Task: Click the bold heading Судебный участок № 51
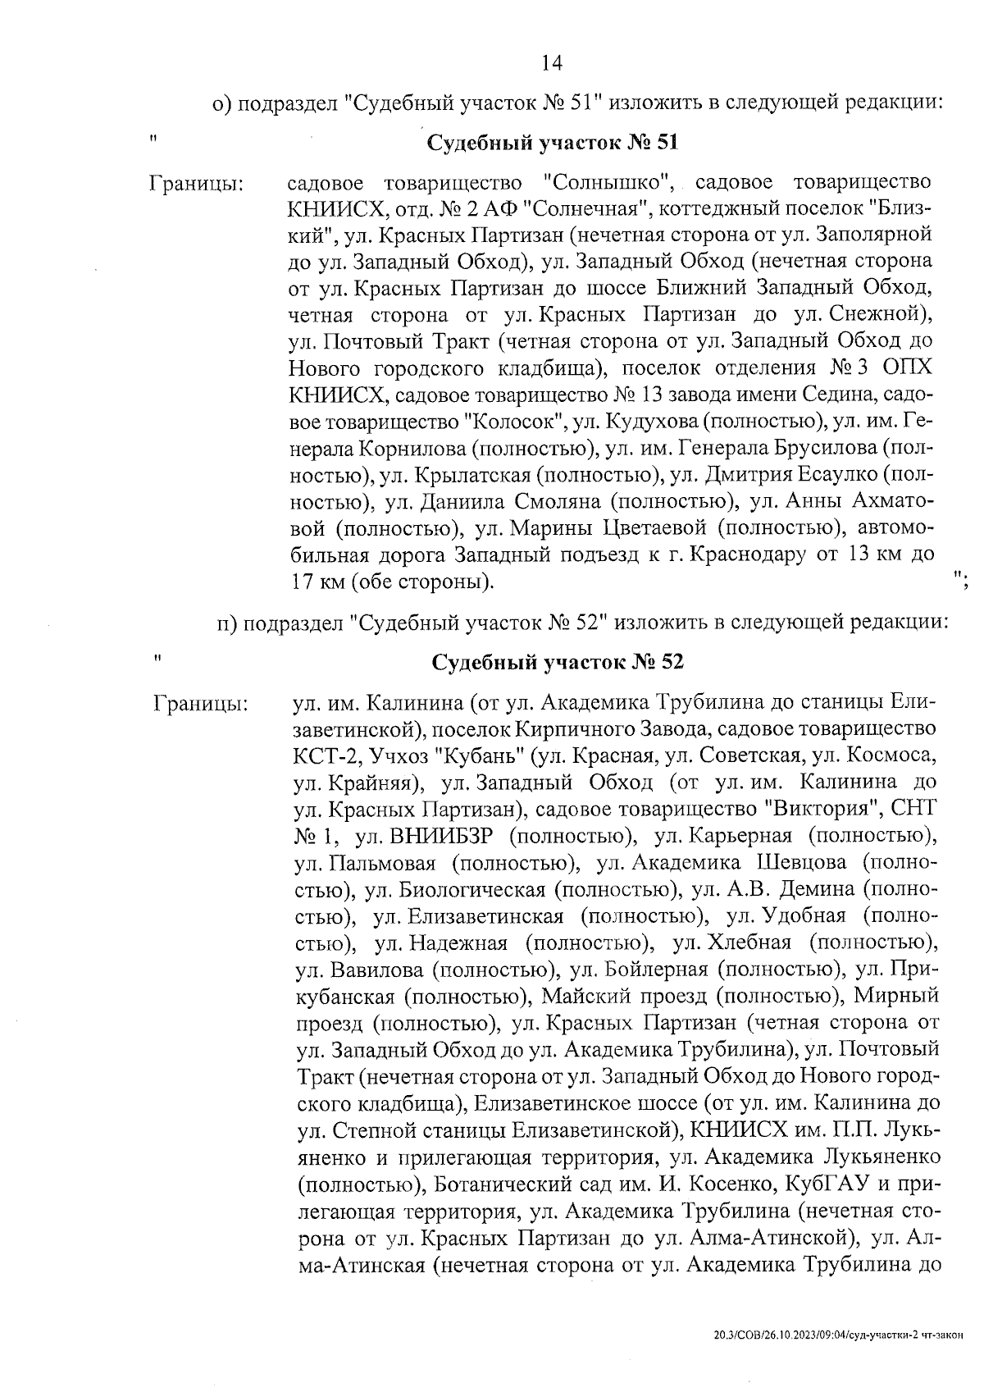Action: point(553,144)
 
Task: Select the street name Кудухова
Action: point(647,422)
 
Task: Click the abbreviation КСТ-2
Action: point(326,755)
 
